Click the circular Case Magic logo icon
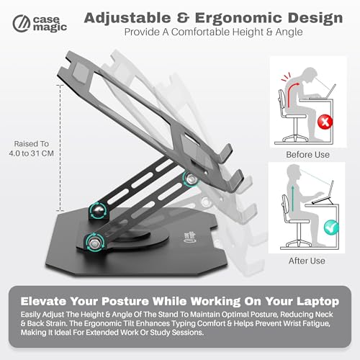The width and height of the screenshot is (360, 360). tap(22, 24)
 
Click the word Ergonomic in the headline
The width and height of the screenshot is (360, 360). tap(239, 18)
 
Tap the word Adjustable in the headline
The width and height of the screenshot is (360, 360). tap(127, 18)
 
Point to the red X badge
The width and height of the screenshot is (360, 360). tap(325, 122)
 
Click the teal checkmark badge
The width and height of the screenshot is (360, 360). tap(331, 227)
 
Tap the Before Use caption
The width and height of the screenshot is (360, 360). tap(307, 155)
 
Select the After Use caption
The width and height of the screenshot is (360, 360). tap(307, 261)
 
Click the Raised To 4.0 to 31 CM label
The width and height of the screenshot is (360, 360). tap(31, 148)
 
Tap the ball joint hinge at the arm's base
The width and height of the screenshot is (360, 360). tap(99, 211)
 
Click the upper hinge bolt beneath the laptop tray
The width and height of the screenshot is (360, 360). tap(191, 179)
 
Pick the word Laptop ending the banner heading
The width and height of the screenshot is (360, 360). tap(318, 302)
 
